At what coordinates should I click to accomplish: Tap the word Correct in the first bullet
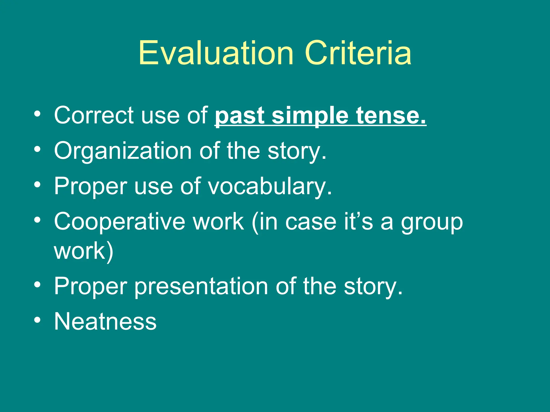94,115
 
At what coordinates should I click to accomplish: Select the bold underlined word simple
310,116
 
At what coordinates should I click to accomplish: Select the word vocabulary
270,186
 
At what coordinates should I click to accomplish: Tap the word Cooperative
120,222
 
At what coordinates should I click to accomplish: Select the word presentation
201,286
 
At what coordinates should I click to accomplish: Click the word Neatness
105,321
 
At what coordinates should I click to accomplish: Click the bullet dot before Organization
38,149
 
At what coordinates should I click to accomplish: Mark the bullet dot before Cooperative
38,220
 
